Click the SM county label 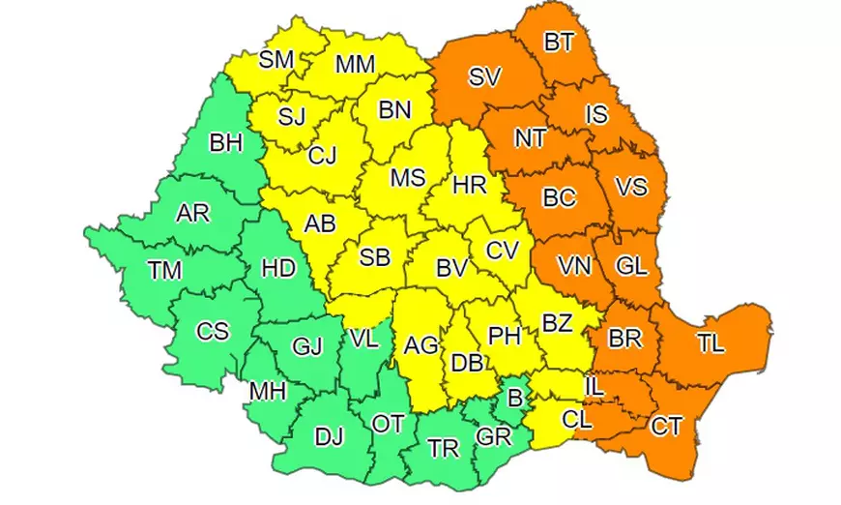276,60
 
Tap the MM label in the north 356,65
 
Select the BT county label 558,43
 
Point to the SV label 484,77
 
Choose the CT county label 666,426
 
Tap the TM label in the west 165,271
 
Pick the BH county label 225,144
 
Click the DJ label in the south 329,436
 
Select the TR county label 444,449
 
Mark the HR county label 470,185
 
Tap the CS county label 213,331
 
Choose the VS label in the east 631,187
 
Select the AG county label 420,344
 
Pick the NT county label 530,138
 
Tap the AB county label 320,223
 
